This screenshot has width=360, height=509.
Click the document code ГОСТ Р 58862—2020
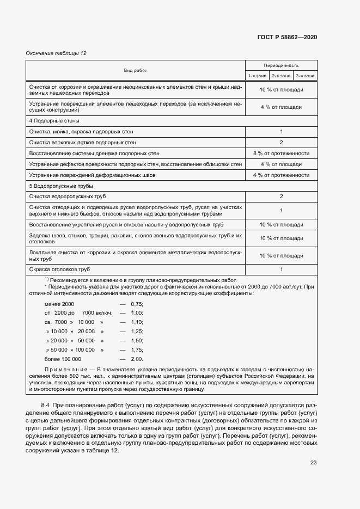click(287, 37)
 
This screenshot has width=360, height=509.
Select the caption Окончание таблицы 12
click(57, 53)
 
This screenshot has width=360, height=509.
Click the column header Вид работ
click(135, 70)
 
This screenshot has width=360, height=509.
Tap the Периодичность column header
click(281, 65)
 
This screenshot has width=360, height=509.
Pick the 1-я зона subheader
click(257, 76)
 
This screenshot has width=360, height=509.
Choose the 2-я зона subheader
click(281, 76)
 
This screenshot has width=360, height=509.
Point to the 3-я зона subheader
click(305, 76)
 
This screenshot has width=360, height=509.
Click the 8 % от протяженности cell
click(281, 154)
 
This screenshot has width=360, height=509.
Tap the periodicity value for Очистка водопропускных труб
click(281, 196)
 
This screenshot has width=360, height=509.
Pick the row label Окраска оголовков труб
click(59, 269)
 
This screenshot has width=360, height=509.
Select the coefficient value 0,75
click(137, 304)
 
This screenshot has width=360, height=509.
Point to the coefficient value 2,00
click(137, 359)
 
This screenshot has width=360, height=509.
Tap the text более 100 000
click(63, 359)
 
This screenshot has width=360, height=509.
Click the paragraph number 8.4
click(46, 406)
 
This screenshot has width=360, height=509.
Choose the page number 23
click(313, 447)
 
